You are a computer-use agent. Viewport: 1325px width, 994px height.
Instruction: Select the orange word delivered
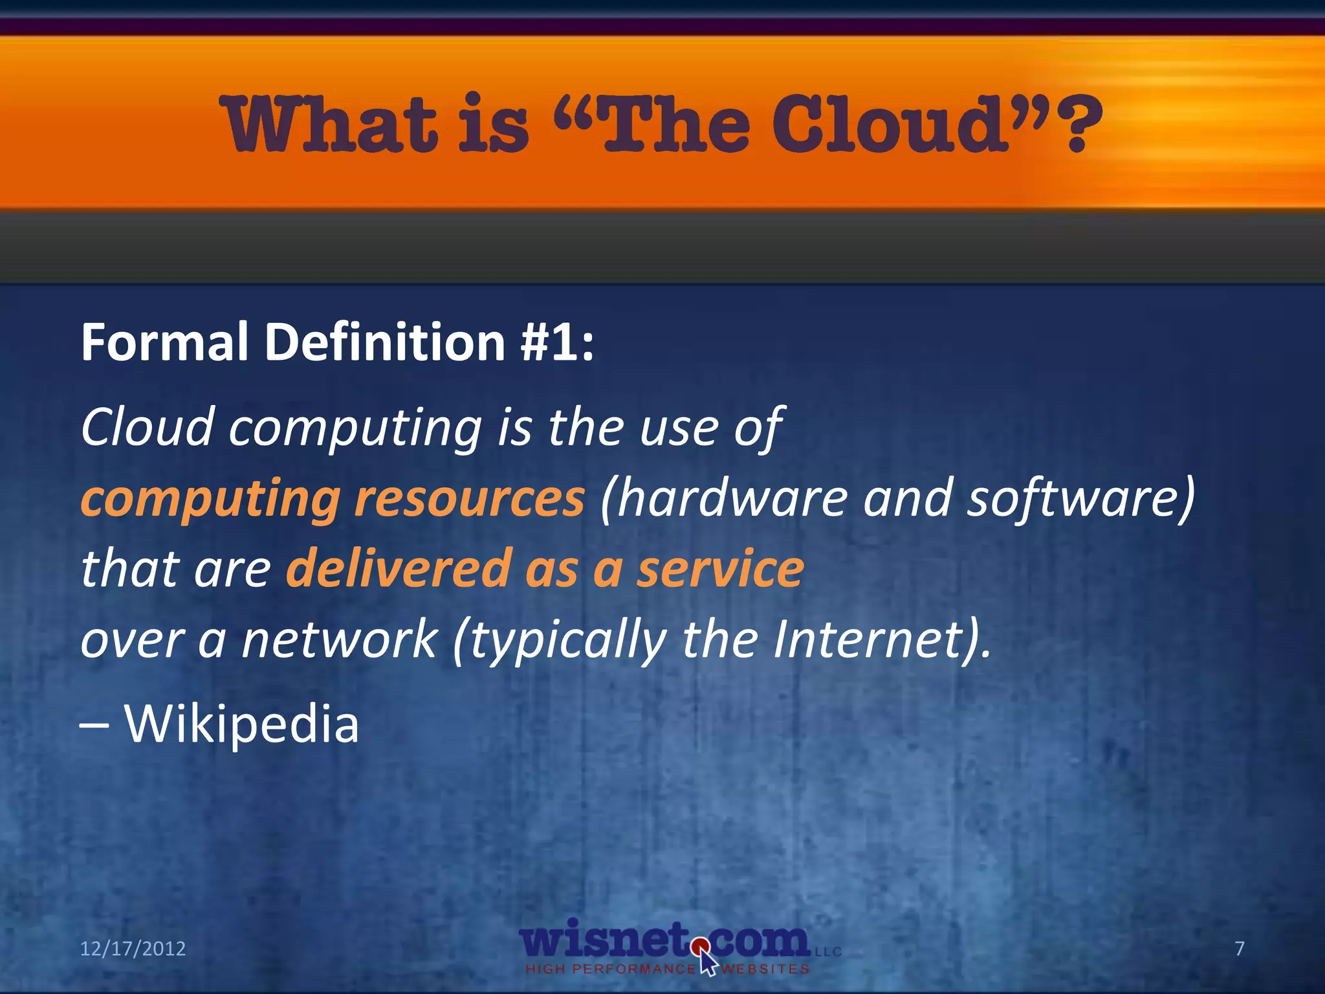point(400,568)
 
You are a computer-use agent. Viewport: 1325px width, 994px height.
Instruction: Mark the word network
point(340,639)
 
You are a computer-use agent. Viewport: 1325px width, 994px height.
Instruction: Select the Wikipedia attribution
point(241,723)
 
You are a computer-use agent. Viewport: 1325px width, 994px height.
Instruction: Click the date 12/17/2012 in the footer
point(133,949)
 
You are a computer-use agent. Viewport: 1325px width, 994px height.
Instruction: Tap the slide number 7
point(1240,949)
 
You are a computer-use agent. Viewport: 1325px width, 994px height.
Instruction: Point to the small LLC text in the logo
point(828,952)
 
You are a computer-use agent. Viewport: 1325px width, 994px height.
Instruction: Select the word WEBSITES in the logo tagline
point(765,969)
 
